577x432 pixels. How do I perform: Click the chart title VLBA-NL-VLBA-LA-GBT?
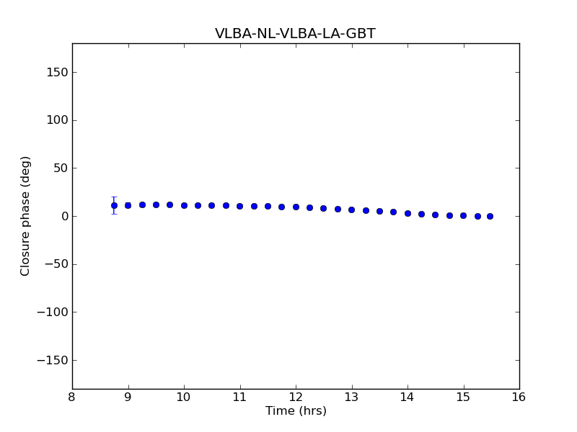pos(295,34)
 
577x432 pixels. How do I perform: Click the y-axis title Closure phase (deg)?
pos(26,216)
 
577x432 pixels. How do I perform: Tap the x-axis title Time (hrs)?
pos(296,411)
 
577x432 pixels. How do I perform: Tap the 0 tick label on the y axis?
pos(64,216)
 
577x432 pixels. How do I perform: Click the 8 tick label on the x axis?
pos(72,397)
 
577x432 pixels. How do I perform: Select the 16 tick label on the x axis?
pos(519,397)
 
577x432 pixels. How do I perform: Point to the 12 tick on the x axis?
pos(296,397)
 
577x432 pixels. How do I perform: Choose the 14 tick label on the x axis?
pos(408,397)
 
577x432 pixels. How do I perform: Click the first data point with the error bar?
pos(114,205)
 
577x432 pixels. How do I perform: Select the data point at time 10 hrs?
pos(184,205)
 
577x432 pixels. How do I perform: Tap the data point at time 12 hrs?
pos(296,207)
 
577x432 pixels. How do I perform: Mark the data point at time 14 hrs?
pos(408,213)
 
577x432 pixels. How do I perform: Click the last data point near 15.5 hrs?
pos(490,216)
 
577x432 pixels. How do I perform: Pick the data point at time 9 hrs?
pos(128,205)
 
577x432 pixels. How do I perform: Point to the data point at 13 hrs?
pos(351,210)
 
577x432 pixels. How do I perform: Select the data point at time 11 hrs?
pos(239,206)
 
